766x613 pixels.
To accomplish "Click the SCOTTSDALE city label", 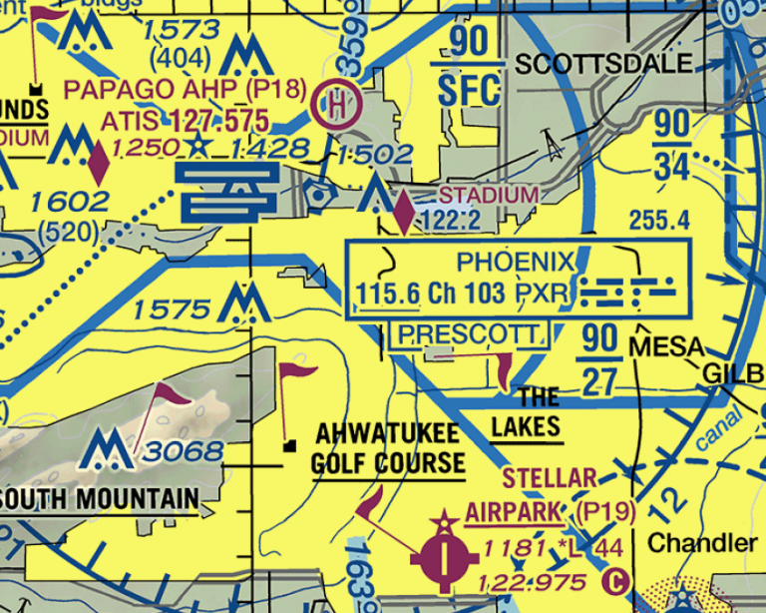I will (x=603, y=65).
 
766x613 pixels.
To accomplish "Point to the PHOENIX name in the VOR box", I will (x=516, y=264).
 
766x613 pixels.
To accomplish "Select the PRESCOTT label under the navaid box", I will (x=468, y=334).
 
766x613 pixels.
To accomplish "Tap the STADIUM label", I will (x=489, y=195).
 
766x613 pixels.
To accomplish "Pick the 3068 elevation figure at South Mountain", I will (x=182, y=451).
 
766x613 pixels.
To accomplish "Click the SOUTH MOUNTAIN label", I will (x=100, y=498).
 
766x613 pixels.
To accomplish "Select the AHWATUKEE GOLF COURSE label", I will (x=388, y=449).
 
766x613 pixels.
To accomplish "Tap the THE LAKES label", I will (x=526, y=412).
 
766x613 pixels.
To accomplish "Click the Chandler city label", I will (x=702, y=544).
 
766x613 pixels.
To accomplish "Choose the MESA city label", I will (x=666, y=347).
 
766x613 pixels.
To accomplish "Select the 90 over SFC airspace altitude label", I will (x=469, y=68).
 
